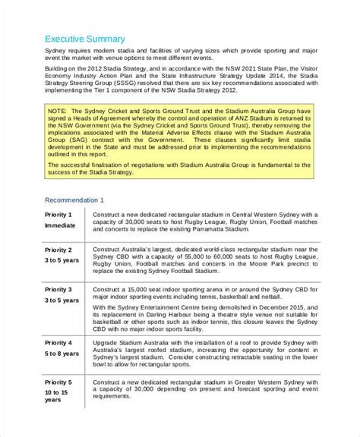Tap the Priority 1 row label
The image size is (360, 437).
click(x=58, y=215)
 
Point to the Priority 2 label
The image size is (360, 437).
click(x=58, y=250)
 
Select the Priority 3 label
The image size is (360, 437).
click(x=58, y=290)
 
